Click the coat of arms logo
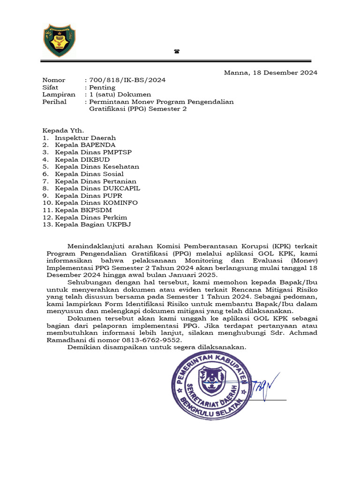pos(60,41)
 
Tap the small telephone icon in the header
pos(177,52)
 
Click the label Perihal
pos(55,102)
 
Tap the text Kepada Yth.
pos(63,131)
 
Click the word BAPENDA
pos(98,145)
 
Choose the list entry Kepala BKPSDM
pos(83,210)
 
